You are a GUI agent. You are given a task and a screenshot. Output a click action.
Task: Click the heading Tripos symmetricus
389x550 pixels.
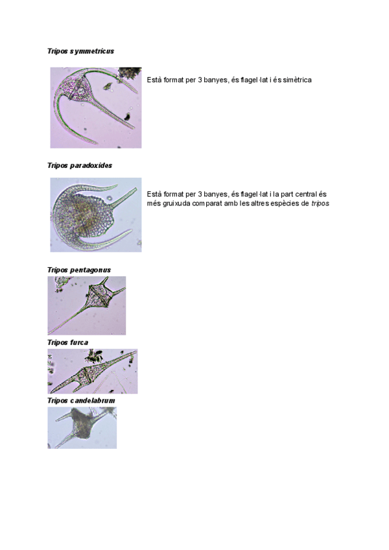point(80,51)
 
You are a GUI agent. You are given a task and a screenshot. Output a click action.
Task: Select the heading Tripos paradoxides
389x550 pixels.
point(79,165)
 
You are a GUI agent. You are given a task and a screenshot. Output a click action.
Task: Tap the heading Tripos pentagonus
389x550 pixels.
point(79,269)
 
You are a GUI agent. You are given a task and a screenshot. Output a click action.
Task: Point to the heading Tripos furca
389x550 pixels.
point(67,342)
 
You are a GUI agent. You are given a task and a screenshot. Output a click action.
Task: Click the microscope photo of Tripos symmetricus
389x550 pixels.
point(95,107)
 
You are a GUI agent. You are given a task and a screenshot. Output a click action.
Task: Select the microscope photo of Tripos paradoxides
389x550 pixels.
point(95,215)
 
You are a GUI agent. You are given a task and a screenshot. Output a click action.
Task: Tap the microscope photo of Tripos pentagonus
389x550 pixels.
point(86,305)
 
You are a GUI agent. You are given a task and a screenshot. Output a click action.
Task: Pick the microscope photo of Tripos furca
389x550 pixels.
point(92,371)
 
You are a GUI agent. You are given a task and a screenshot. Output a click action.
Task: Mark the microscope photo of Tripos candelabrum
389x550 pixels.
point(82,427)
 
